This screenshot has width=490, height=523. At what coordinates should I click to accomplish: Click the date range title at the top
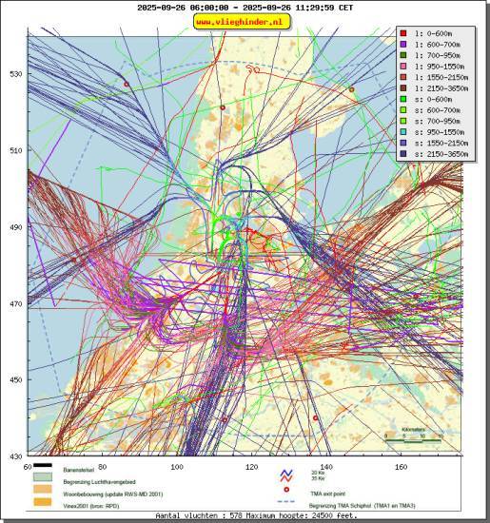(245, 7)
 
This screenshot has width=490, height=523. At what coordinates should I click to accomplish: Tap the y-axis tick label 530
(15, 73)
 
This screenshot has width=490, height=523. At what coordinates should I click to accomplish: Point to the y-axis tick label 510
(15, 150)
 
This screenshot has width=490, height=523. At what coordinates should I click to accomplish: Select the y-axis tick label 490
(15, 227)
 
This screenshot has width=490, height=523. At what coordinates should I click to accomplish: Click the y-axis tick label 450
(15, 380)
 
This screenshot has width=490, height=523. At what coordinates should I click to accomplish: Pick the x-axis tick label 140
(326, 467)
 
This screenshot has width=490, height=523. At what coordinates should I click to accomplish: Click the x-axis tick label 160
(401, 467)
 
